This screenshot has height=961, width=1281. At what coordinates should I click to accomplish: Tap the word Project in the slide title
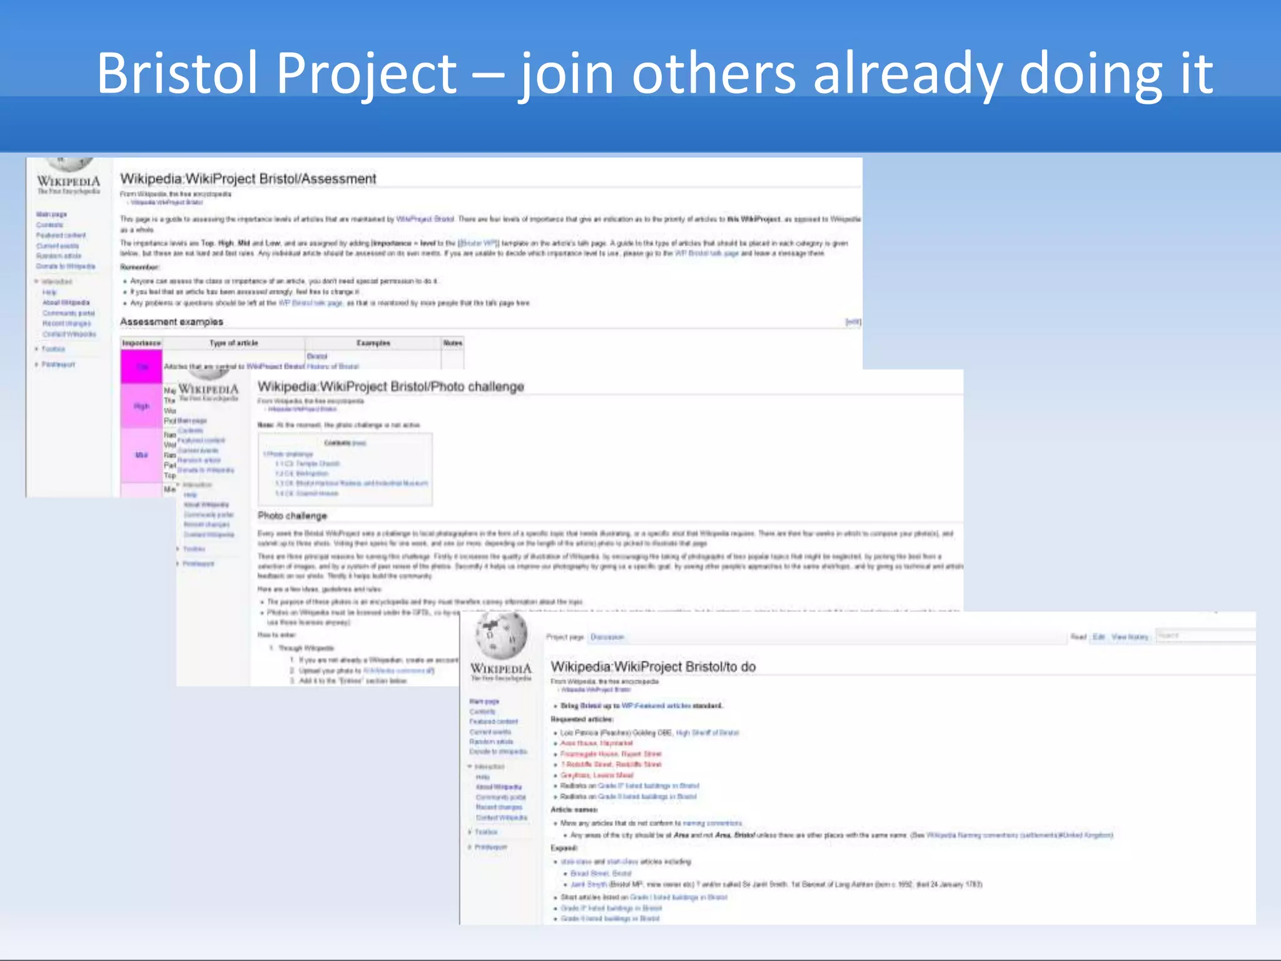click(x=367, y=73)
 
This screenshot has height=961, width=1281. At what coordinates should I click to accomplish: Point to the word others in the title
click(x=714, y=73)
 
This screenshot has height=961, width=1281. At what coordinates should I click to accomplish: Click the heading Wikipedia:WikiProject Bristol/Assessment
click(x=248, y=179)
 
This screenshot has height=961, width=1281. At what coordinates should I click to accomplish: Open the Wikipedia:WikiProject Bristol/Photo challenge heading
click(x=390, y=387)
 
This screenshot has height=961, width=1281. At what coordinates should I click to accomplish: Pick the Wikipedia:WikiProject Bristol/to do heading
click(x=652, y=667)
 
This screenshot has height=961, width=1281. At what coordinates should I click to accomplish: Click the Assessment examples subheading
click(x=171, y=322)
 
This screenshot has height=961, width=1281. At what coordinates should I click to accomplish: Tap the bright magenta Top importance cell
click(x=141, y=366)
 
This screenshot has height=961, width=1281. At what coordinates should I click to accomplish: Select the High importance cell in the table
click(x=141, y=406)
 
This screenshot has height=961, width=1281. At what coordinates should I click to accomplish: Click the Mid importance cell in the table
click(x=141, y=455)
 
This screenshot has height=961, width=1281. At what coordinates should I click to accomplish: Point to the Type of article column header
click(x=233, y=343)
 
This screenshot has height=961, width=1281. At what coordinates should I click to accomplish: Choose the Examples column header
click(x=373, y=343)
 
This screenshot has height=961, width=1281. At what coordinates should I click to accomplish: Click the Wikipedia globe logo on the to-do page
click(x=501, y=634)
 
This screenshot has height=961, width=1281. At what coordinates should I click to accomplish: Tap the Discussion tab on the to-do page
click(x=607, y=637)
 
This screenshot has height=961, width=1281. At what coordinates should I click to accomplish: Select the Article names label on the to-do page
click(x=574, y=810)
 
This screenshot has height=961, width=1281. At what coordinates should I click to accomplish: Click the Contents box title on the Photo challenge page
click(x=344, y=443)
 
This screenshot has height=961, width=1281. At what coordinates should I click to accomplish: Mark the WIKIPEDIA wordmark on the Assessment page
click(x=68, y=181)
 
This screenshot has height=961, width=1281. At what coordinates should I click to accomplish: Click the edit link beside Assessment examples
click(x=853, y=322)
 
